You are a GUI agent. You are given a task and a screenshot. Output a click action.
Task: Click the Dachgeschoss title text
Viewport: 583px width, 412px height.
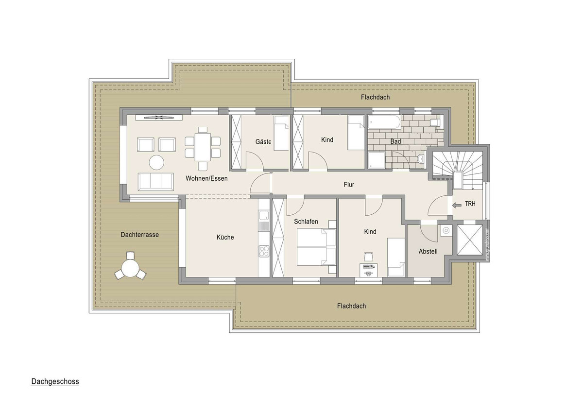click(x=55, y=381)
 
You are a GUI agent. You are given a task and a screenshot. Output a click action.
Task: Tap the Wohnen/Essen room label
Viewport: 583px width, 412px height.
click(x=206, y=178)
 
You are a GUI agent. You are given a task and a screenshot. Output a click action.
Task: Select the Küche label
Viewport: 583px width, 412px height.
click(x=225, y=237)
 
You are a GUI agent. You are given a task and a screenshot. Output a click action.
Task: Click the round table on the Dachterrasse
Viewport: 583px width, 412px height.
click(x=130, y=268)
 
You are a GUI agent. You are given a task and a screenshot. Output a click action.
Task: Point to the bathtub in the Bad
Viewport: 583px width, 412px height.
click(x=384, y=122)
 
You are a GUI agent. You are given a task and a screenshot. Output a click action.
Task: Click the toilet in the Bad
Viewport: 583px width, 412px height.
click(x=435, y=122)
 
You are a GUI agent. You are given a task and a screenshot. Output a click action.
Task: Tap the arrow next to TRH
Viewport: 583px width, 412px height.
click(x=457, y=205)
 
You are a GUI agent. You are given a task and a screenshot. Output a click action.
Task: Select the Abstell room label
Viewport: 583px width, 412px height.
click(x=428, y=251)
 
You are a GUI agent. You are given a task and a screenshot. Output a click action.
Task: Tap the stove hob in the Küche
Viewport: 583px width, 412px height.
click(x=264, y=251)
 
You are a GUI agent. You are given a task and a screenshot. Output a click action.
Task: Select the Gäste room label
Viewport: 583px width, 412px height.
click(x=263, y=141)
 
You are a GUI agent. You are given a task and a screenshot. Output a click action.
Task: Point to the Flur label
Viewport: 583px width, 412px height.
click(x=348, y=185)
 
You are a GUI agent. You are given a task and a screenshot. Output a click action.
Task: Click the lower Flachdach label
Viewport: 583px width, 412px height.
click(x=351, y=306)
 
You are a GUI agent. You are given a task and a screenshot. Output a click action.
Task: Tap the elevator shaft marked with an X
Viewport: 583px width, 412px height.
click(x=471, y=240)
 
